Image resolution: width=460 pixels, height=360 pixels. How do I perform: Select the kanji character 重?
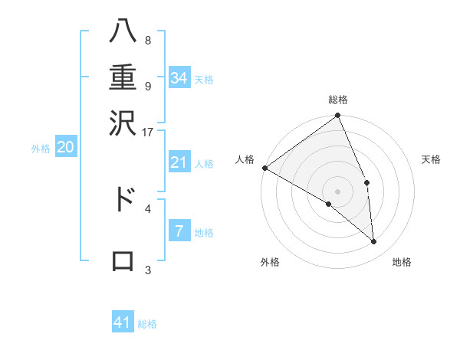pos(123,78)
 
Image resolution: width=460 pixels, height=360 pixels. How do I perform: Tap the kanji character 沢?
pos(123,123)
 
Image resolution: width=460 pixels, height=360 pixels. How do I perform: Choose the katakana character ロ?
pos(123,261)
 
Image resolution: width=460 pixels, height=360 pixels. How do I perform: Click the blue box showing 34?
pos(179,77)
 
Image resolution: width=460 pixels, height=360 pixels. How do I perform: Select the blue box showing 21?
pos(179,162)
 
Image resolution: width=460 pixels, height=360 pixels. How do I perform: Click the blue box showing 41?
pos(123,322)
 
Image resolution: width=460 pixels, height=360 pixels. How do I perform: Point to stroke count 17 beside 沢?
pos(149,132)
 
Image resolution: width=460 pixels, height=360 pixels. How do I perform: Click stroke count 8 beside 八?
pos(147,41)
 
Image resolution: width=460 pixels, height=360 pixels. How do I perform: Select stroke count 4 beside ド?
pos(147,208)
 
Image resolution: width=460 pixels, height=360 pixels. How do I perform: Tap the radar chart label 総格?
pos(338,100)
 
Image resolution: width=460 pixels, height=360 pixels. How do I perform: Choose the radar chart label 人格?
pos(245,159)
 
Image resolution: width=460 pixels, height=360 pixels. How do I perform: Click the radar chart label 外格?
pos(270,262)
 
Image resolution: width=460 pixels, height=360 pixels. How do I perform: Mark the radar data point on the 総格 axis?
pos(338,116)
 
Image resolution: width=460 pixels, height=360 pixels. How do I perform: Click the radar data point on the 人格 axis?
pos(264,168)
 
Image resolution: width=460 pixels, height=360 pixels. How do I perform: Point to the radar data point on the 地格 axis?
pos(374,242)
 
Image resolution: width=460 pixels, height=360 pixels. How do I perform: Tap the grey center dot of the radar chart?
pos(338,191)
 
